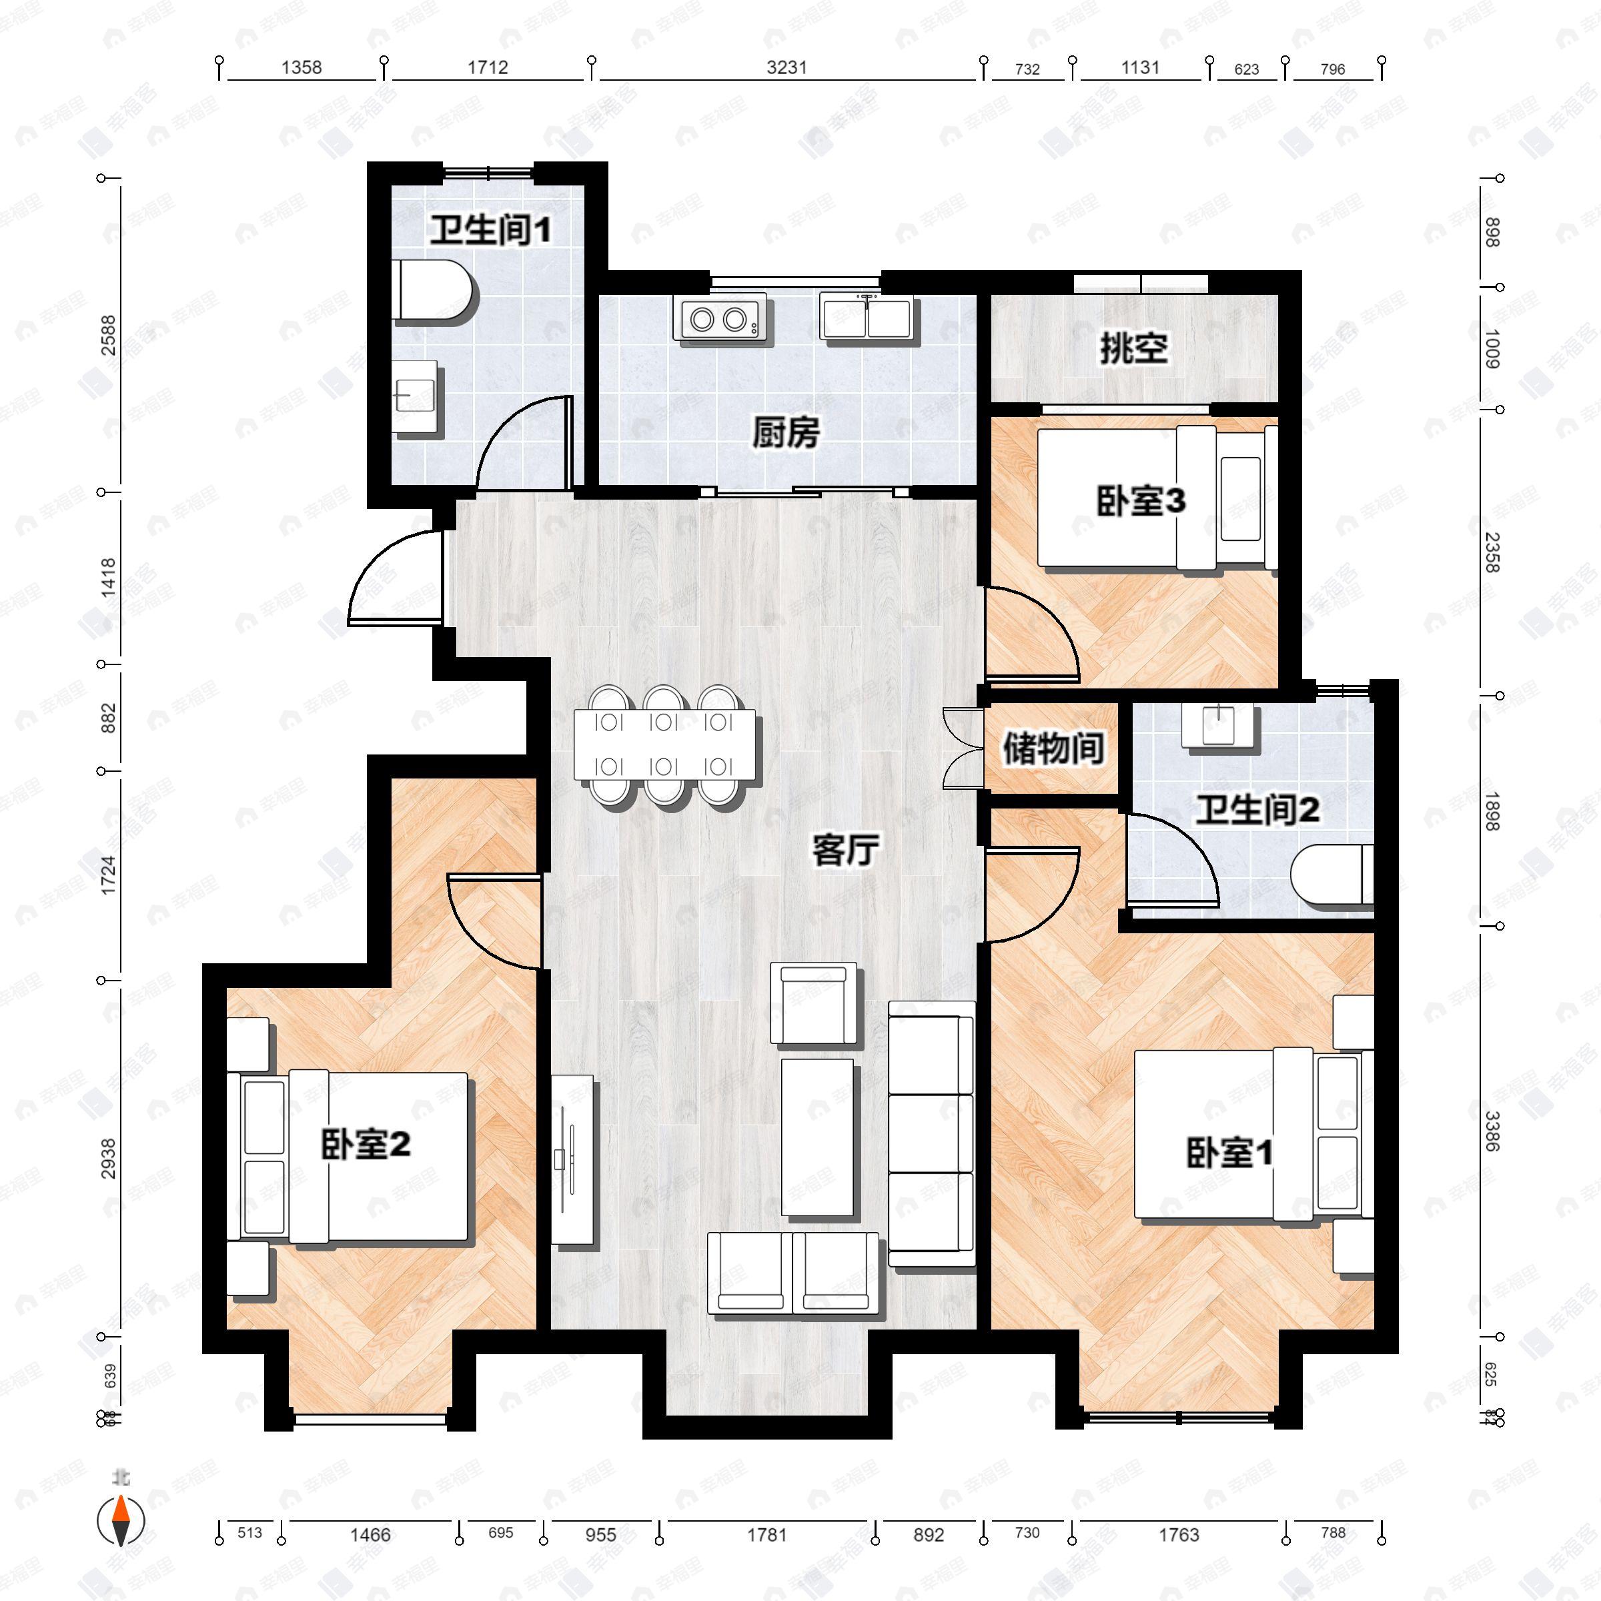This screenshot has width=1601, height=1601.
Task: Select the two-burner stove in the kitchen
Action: (718, 318)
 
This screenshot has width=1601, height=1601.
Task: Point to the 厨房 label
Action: (786, 432)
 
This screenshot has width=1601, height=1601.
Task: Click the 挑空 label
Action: (1133, 348)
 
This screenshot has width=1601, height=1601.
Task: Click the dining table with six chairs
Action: (664, 744)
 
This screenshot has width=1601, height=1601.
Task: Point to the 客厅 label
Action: (845, 849)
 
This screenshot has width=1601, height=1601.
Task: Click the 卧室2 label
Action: (366, 1145)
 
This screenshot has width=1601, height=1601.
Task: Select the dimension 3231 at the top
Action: (786, 68)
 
